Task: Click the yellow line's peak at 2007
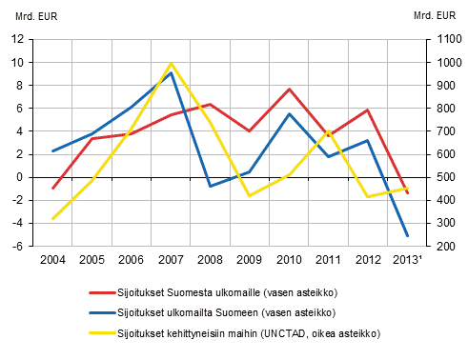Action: click(x=171, y=64)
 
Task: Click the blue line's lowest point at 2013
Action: click(x=407, y=235)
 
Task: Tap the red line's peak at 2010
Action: click(x=289, y=89)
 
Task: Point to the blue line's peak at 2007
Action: click(x=171, y=72)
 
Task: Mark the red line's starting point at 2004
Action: click(x=52, y=189)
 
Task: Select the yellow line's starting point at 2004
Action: click(x=52, y=219)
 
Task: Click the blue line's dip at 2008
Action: click(x=210, y=186)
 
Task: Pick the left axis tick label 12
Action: click(x=17, y=39)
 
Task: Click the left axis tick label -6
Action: click(x=17, y=246)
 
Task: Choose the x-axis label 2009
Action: click(x=249, y=259)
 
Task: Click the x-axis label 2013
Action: click(x=408, y=259)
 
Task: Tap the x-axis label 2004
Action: click(x=52, y=259)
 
